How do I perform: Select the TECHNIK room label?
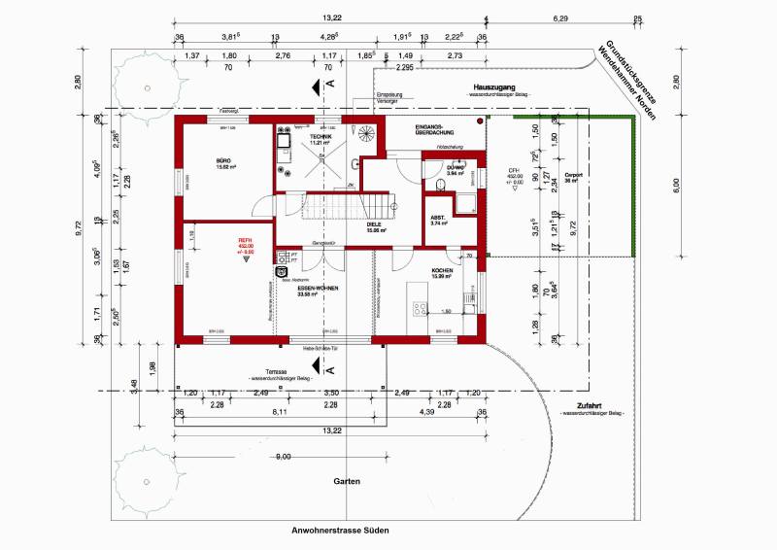(x=321, y=138)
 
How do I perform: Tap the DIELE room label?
(x=377, y=226)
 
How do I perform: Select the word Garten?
(x=348, y=481)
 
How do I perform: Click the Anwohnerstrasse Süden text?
(x=348, y=531)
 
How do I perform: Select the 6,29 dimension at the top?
(x=560, y=17)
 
